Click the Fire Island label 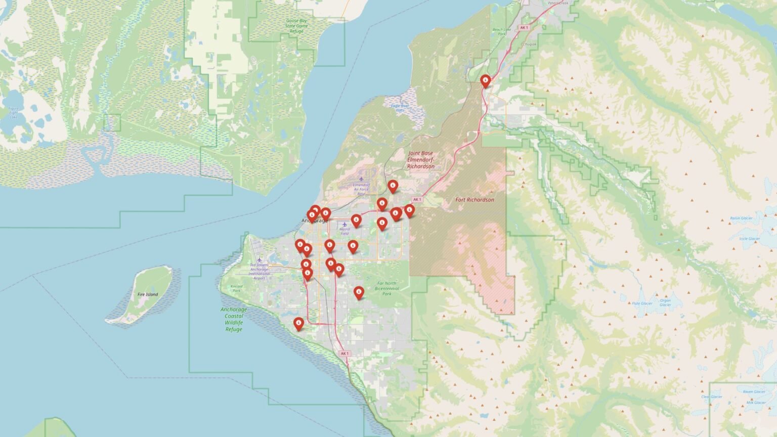pos(148,294)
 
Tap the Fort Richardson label pos(474,200)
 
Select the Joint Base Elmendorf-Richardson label pos(420,159)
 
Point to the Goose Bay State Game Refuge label pos(296,26)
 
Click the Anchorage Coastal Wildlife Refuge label pos(234,319)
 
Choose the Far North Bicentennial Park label pos(387,288)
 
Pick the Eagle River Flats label pos(400,108)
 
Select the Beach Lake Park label pos(502,31)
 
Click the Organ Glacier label pos(665,302)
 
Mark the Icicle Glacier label pos(749,239)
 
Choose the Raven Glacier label pos(754,391)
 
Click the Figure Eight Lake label pos(14,111)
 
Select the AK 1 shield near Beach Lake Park pos(524,28)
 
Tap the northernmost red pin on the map pos(486,80)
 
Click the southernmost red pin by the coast pos(299,323)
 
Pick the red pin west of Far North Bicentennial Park pos(359,292)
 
